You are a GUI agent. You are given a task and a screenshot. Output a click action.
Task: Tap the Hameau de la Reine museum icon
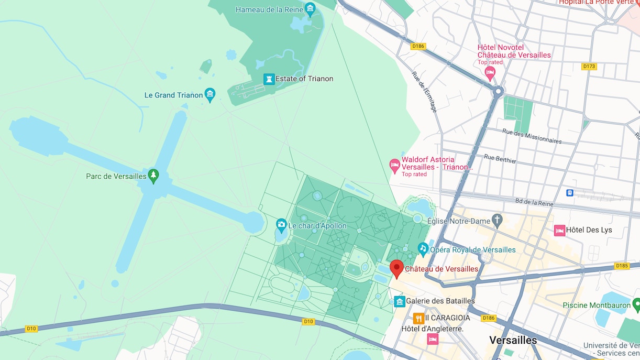310,9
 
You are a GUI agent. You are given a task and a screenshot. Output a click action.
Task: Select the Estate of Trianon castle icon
269,79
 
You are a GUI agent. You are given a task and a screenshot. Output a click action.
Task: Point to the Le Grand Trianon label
173,95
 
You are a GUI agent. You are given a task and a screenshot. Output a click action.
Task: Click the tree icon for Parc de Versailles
153,176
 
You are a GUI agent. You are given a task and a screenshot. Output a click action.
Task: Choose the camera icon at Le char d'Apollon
281,225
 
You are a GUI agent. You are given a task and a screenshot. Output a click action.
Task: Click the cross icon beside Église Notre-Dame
497,221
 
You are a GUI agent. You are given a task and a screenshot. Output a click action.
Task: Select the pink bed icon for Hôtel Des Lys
559,230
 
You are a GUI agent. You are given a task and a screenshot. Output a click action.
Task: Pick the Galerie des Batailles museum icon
399,301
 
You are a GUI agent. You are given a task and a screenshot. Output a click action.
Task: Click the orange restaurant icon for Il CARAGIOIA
418,318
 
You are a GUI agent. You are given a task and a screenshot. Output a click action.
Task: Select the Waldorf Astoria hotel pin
394,166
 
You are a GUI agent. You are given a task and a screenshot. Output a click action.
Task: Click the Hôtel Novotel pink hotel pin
490,72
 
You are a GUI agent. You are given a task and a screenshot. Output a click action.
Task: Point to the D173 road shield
589,67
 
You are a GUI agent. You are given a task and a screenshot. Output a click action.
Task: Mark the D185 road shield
622,266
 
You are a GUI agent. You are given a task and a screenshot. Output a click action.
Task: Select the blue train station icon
570,192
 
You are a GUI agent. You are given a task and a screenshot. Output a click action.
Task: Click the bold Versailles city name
513,340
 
